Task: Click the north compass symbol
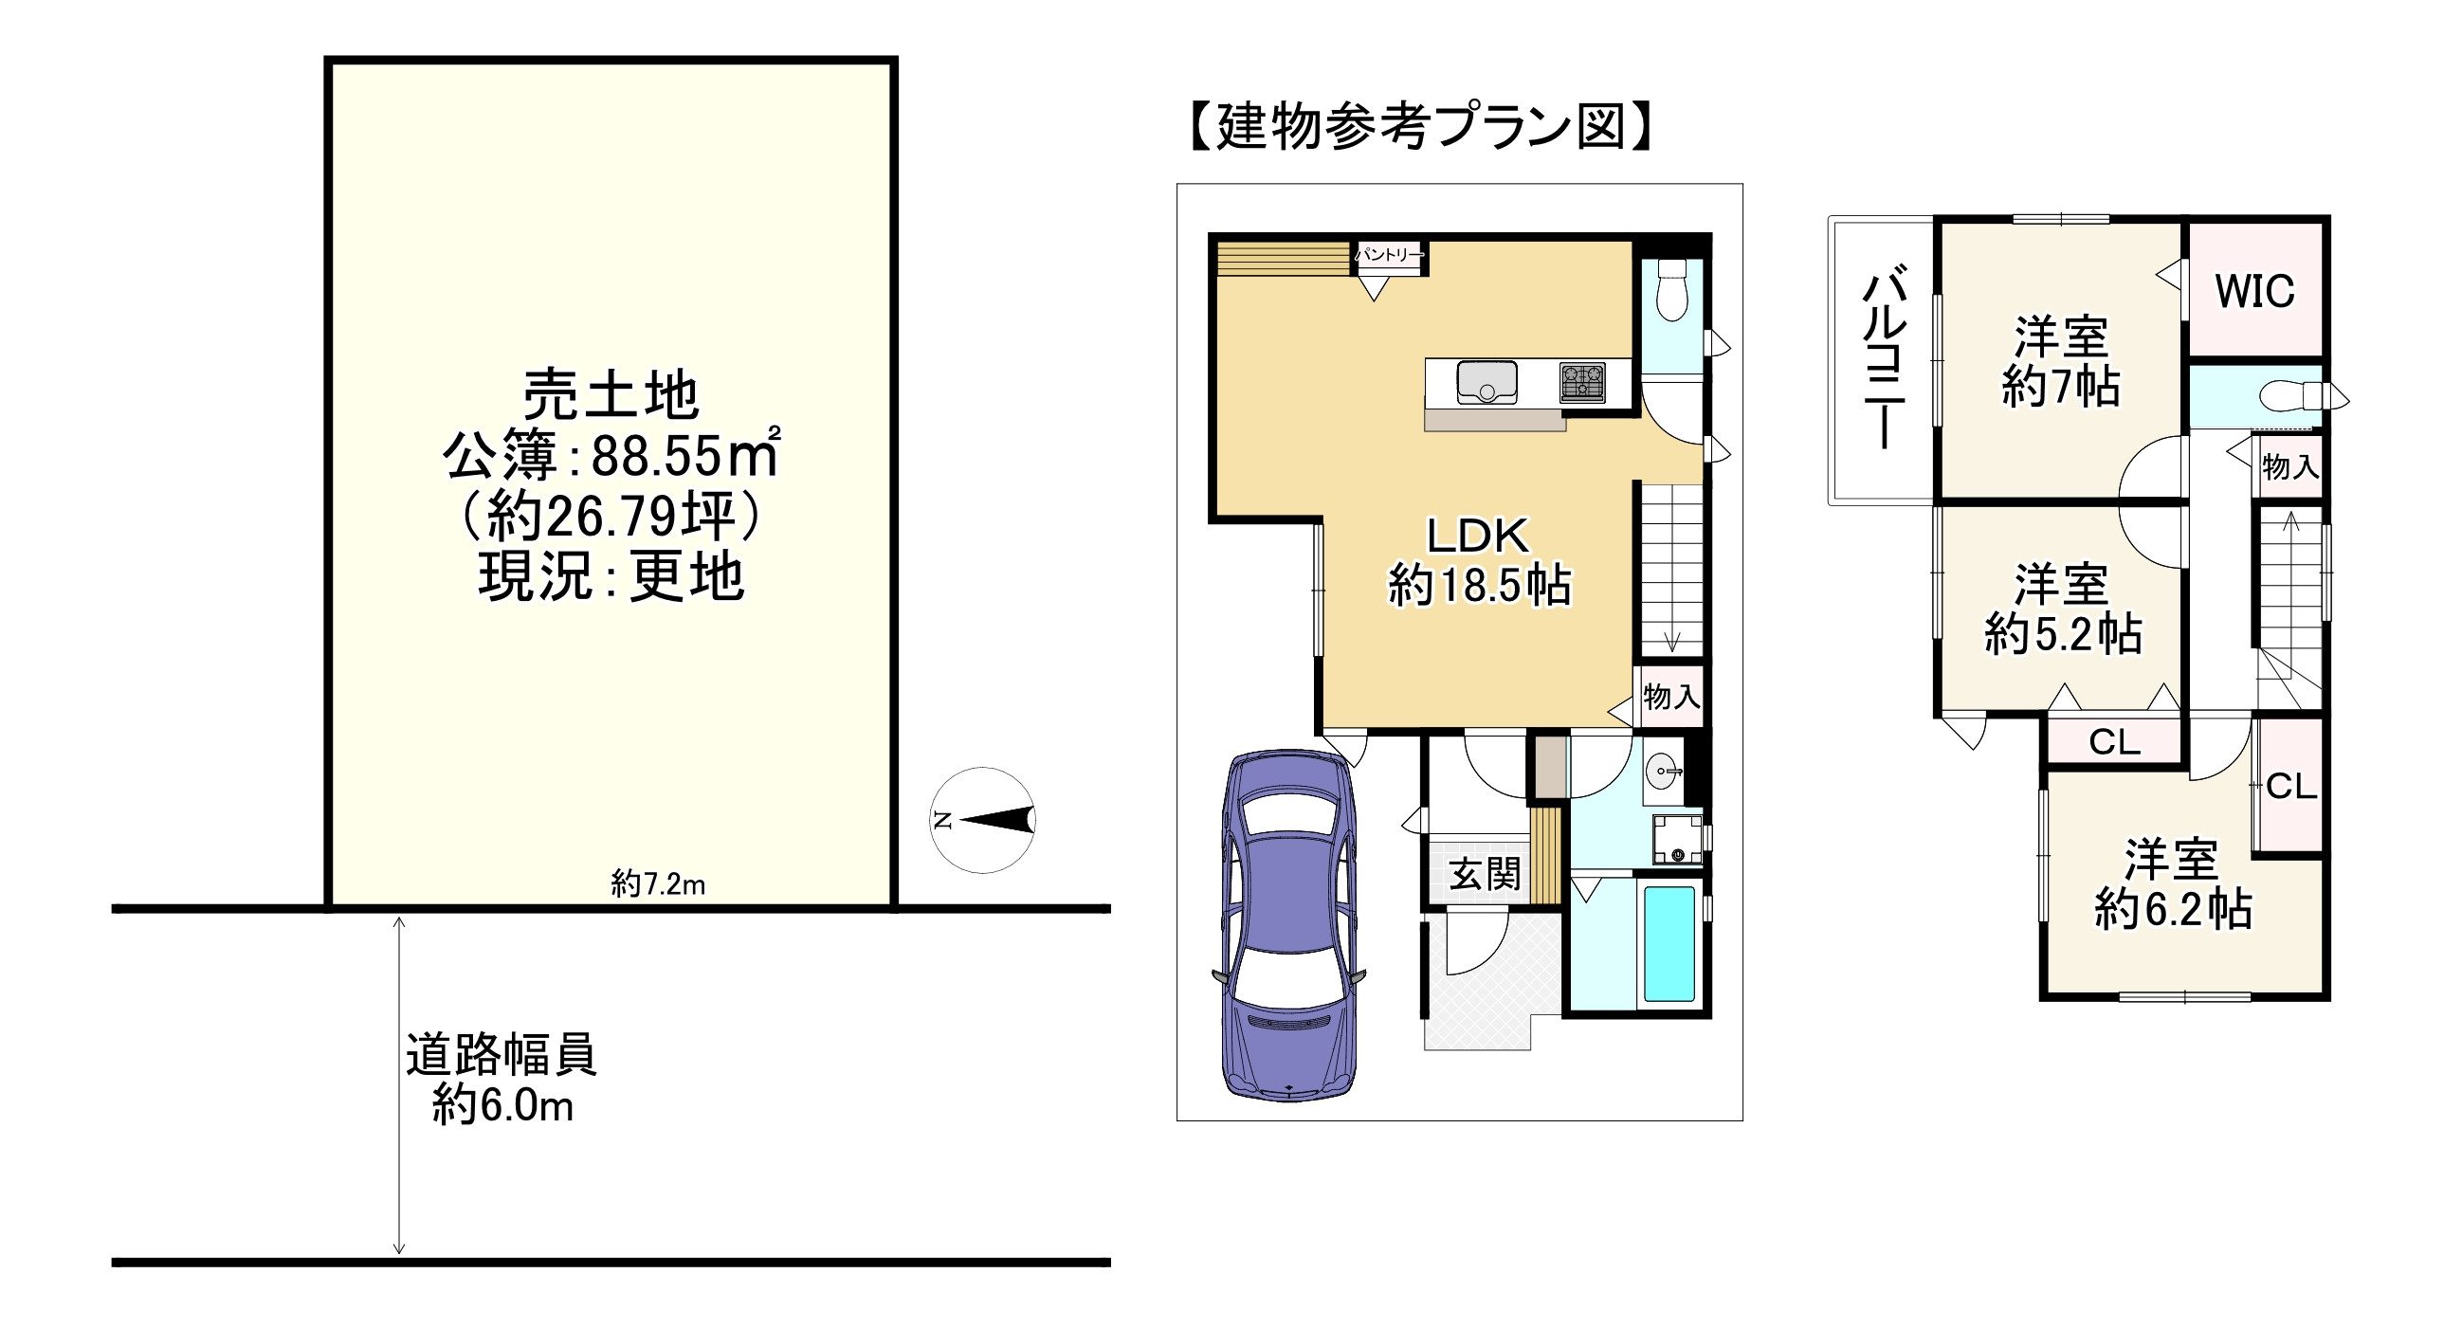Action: click(982, 820)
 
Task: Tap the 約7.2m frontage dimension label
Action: click(659, 884)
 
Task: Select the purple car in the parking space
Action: click(1289, 924)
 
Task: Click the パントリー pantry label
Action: click(1390, 255)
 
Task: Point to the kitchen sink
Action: click(1487, 382)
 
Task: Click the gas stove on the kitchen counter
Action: click(1583, 383)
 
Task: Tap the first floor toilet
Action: click(1671, 288)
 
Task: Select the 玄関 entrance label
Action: click(1485, 875)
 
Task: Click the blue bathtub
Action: click(1669, 944)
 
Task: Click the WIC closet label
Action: click(2254, 291)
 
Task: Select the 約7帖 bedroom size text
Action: click(2061, 387)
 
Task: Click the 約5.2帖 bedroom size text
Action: click(2063, 633)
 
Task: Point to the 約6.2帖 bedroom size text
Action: click(2174, 909)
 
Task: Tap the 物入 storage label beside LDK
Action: click(1671, 697)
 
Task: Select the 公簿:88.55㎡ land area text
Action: click(611, 456)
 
